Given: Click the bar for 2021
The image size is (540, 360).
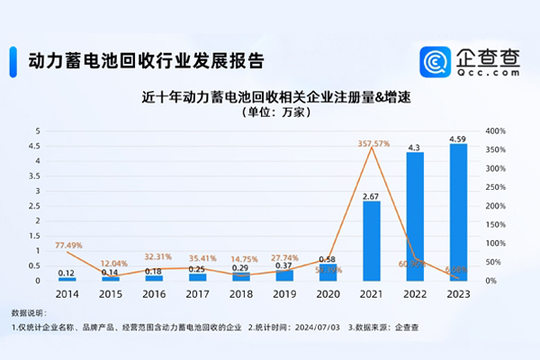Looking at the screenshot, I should pos(372,240).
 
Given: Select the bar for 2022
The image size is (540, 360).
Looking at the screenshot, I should pos(415,216).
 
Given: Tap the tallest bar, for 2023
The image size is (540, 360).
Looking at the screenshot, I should pos(458,212).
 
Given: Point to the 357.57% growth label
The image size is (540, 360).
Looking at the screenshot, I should pos(372,143).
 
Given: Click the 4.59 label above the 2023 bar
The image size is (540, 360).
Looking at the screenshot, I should pos(458,139).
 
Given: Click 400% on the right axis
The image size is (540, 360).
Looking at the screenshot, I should pos(495,131).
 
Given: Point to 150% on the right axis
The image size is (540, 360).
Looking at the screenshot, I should pos(495,224).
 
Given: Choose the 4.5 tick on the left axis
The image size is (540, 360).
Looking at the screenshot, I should pos(38,146).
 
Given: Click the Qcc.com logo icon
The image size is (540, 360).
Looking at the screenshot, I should pos(437,61).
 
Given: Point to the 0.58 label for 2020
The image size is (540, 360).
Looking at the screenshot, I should pos(328,260).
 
